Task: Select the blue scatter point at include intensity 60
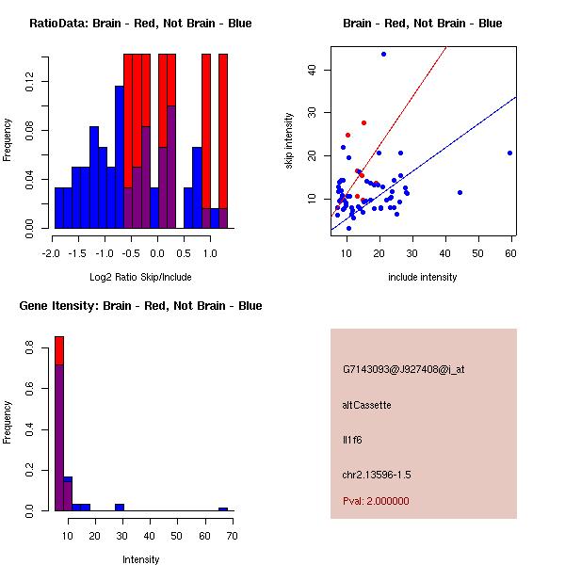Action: (509, 153)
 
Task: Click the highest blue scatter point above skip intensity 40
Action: (383, 54)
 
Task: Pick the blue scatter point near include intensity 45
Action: (460, 192)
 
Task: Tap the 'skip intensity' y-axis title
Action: (291, 140)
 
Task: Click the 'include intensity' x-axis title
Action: (422, 277)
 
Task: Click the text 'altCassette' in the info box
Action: (367, 405)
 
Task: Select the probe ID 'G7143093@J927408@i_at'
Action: (404, 369)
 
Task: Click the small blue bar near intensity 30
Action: (120, 507)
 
